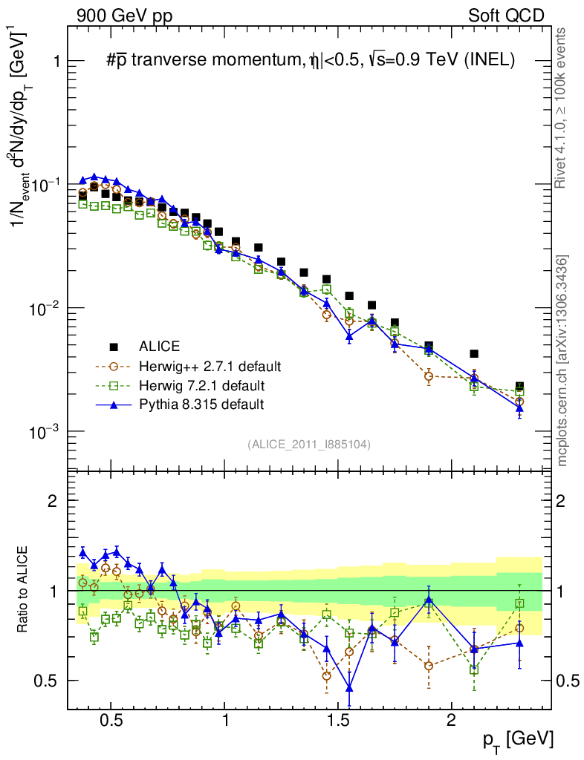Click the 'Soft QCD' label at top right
[506, 16]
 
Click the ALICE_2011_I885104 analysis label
[309, 444]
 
